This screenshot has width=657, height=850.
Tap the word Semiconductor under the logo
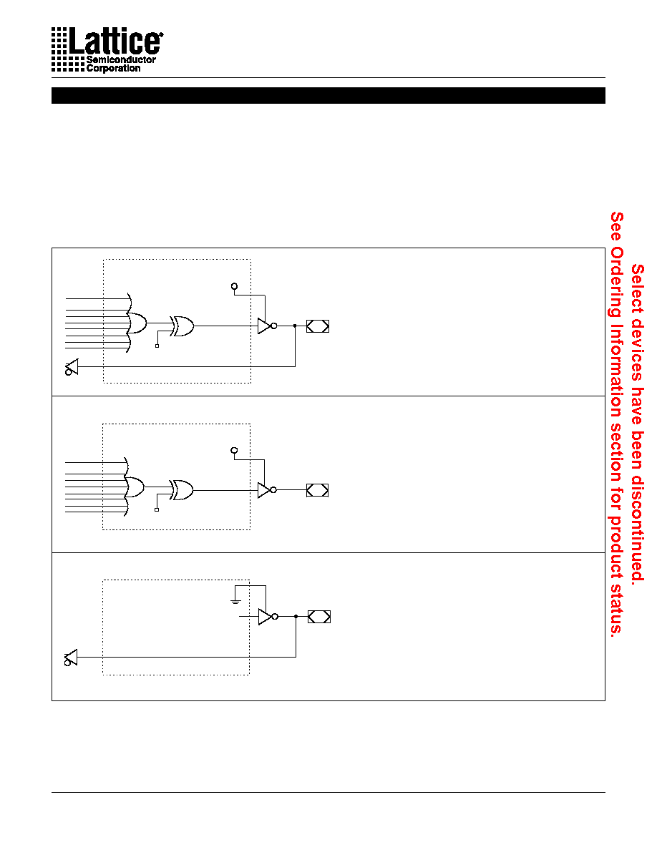tap(121, 59)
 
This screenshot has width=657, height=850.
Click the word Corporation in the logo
tap(113, 68)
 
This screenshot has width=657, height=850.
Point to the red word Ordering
tap(617, 282)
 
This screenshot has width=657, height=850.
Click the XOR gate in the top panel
tap(182, 326)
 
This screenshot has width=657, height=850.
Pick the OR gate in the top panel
tap(137, 323)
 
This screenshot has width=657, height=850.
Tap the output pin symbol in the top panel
tap(318, 326)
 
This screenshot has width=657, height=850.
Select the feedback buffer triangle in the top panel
tap(72, 367)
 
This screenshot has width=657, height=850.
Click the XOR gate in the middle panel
tap(182, 490)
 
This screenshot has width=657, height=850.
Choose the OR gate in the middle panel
tap(135, 487)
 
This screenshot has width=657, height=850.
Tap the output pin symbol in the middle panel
tap(318, 490)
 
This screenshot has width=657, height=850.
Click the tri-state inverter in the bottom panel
tap(268, 616)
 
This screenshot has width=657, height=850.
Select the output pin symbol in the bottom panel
tap(319, 616)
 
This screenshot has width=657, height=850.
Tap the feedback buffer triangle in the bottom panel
tap(71, 658)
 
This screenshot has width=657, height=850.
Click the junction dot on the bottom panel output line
tap(296, 616)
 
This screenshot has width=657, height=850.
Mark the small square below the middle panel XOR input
tap(157, 509)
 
